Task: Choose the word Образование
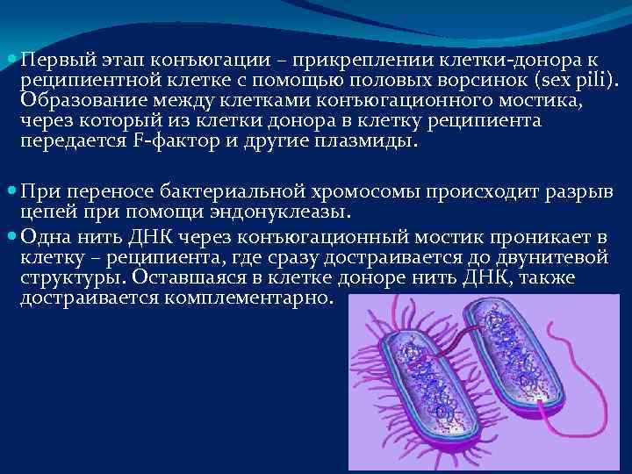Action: [75, 102]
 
